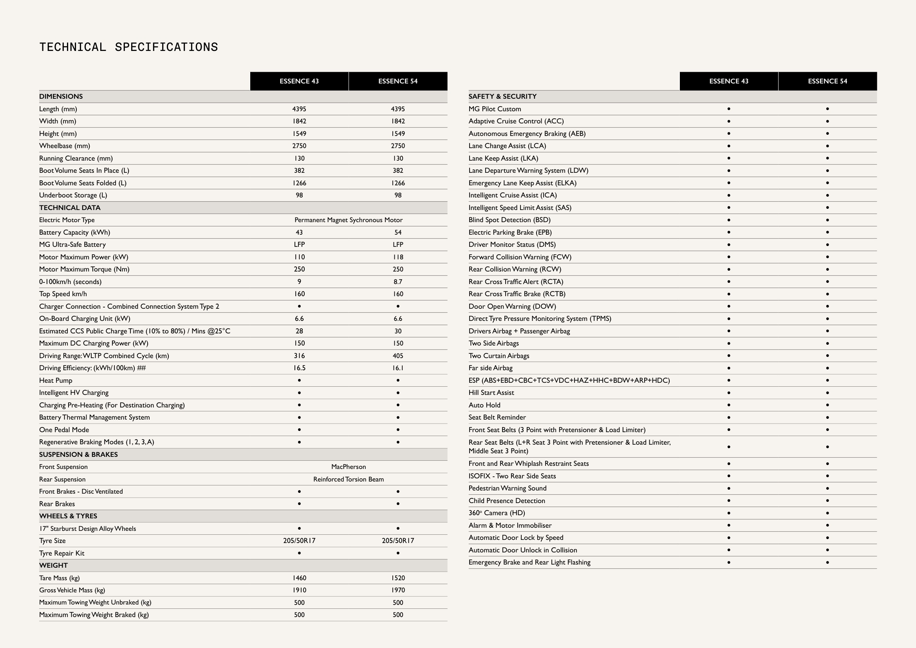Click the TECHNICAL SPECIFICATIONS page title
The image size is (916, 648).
(x=128, y=47)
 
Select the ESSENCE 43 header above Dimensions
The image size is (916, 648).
(x=299, y=81)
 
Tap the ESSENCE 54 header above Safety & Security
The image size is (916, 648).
(x=827, y=81)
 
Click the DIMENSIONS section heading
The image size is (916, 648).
(x=61, y=96)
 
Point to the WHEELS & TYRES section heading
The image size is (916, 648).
(x=68, y=516)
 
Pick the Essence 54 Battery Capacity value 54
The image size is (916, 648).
(x=398, y=232)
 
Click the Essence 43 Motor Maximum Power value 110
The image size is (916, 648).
(x=299, y=257)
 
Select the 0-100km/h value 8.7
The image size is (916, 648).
(x=398, y=282)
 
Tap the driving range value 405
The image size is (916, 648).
(x=398, y=355)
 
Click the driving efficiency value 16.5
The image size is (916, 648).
(x=299, y=368)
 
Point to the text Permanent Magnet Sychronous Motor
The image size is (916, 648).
(x=348, y=220)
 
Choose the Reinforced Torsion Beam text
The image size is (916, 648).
(x=348, y=479)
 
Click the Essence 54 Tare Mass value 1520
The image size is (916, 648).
(x=398, y=578)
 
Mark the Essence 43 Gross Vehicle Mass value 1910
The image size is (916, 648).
(x=299, y=590)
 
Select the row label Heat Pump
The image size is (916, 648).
(x=56, y=380)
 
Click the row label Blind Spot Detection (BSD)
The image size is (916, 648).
(x=509, y=220)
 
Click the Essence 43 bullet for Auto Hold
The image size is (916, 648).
(x=728, y=405)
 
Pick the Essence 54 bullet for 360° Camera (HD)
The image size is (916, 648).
(x=827, y=513)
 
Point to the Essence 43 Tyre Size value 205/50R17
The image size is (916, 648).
(x=299, y=541)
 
